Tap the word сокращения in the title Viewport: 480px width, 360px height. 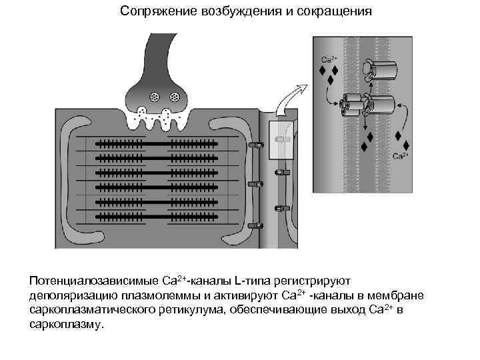pyautogui.click(x=333, y=12)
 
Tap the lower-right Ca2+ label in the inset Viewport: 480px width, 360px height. pyautogui.click(x=400, y=157)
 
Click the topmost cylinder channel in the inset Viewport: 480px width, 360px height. pyautogui.click(x=383, y=69)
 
